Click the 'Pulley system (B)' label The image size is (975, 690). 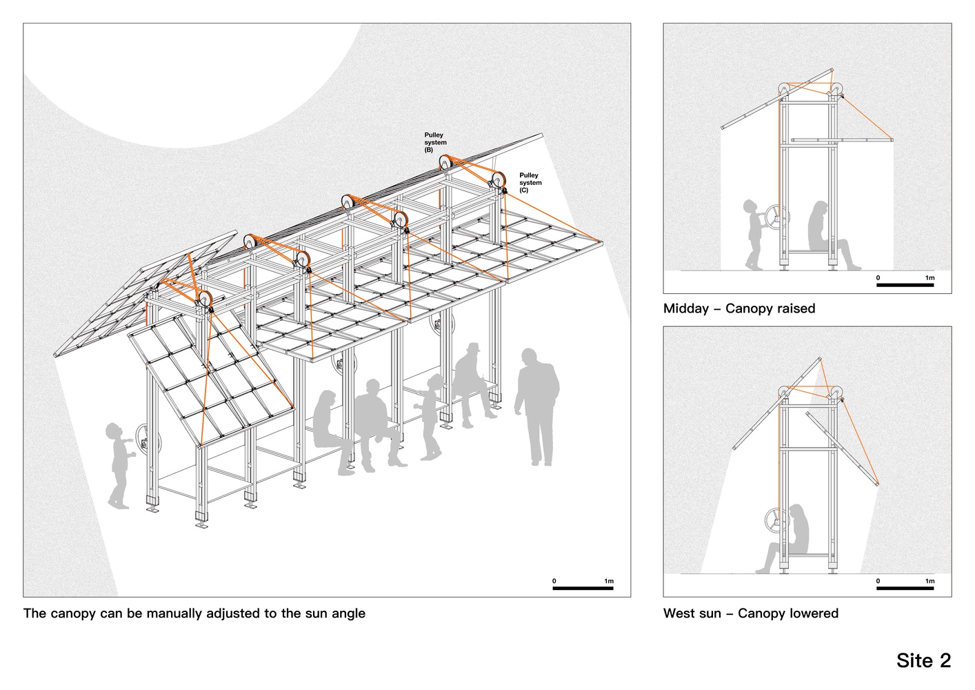435,142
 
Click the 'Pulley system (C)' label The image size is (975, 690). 530,183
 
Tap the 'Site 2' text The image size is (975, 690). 923,660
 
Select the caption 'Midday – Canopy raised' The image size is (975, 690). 738,308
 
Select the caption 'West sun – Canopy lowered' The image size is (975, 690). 750,613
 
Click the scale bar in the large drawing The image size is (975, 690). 583,588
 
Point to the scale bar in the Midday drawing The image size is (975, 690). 906,284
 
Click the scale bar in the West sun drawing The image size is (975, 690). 906,588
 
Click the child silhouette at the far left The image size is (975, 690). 119,466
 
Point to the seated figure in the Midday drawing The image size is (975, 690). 830,235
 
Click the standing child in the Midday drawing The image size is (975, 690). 752,235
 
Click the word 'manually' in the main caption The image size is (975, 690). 170,613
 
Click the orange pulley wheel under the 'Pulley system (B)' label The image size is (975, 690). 447,163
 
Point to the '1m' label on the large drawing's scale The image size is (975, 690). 608,581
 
